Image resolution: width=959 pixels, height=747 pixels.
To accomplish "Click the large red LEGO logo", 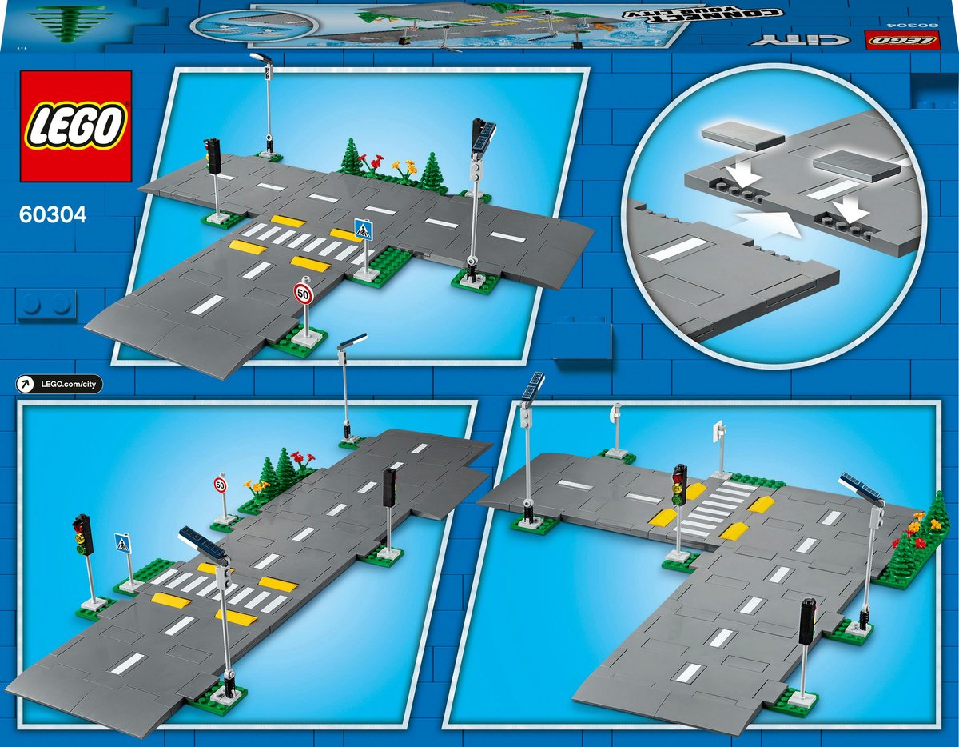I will (76, 126).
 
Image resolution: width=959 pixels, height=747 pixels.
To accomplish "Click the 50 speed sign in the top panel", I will (304, 293).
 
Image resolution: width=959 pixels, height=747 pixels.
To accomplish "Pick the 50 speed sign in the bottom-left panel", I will (221, 485).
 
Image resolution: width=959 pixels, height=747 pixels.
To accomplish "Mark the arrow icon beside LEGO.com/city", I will (26, 385).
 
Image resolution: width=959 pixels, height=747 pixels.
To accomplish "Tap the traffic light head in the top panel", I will (213, 154).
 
